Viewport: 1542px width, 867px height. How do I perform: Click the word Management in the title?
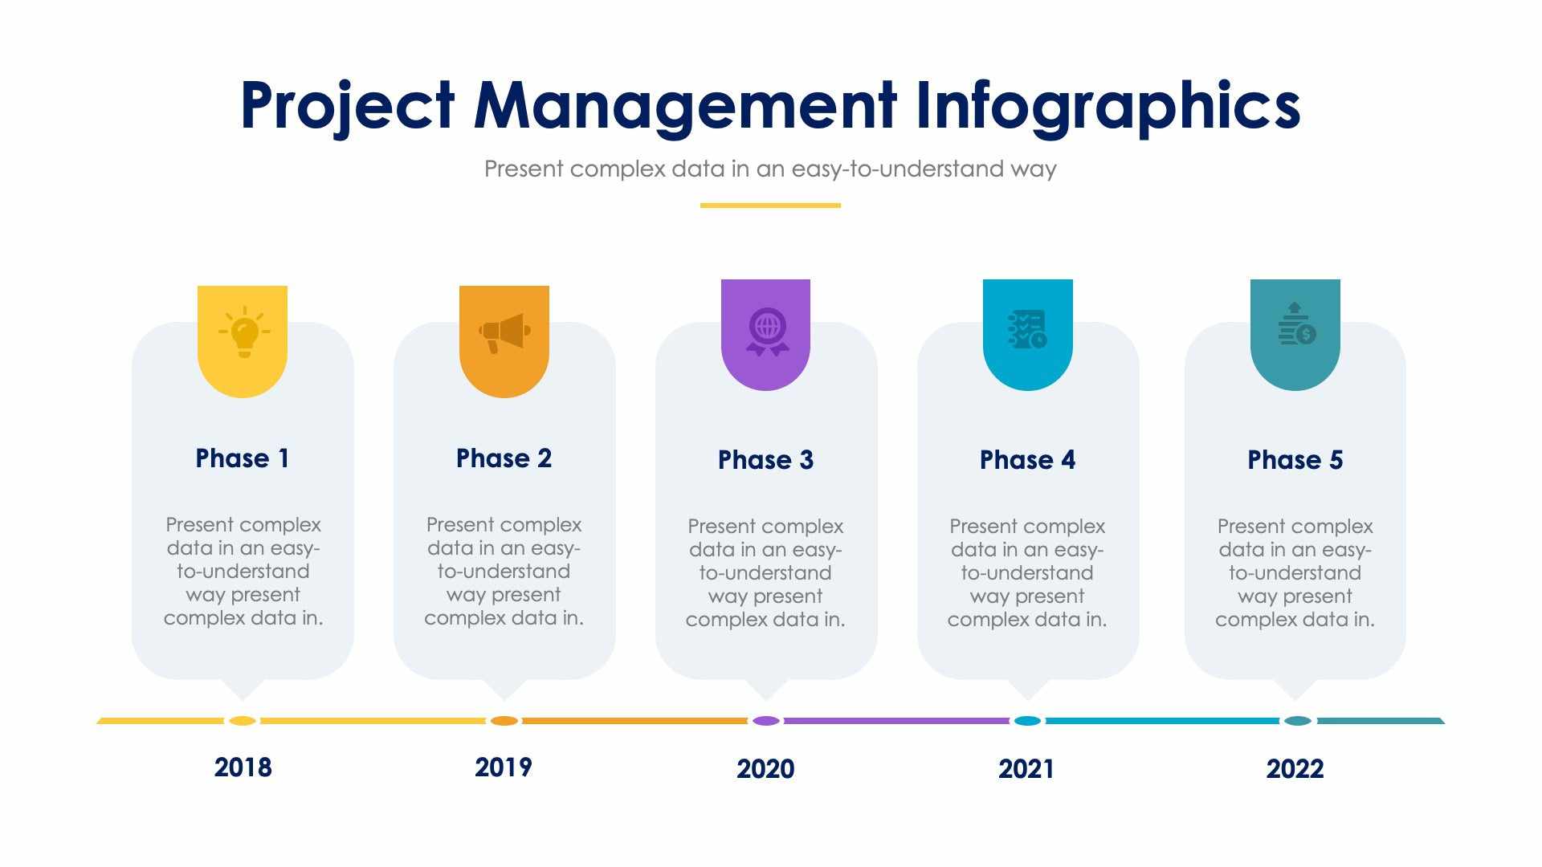684,106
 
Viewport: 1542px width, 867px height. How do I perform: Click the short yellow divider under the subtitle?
770,206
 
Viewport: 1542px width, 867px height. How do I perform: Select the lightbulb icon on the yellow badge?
244,331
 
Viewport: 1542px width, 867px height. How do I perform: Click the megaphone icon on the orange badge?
504,332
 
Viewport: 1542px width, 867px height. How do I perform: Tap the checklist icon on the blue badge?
1027,329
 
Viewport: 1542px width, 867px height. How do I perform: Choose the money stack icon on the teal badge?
1296,324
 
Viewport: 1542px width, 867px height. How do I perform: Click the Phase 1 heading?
242,458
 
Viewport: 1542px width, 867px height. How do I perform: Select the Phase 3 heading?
765,460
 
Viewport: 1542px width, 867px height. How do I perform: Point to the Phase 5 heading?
1295,460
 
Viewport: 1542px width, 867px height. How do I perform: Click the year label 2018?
243,767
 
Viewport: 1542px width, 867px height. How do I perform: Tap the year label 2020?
765,769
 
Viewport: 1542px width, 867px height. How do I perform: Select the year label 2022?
1295,769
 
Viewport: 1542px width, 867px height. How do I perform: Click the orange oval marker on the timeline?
504,721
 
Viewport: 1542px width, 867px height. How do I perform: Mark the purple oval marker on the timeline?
766,721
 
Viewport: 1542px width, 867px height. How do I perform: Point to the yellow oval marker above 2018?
242,721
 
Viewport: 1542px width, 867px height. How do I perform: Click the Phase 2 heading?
504,458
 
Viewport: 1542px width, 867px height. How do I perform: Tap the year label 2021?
1026,769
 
